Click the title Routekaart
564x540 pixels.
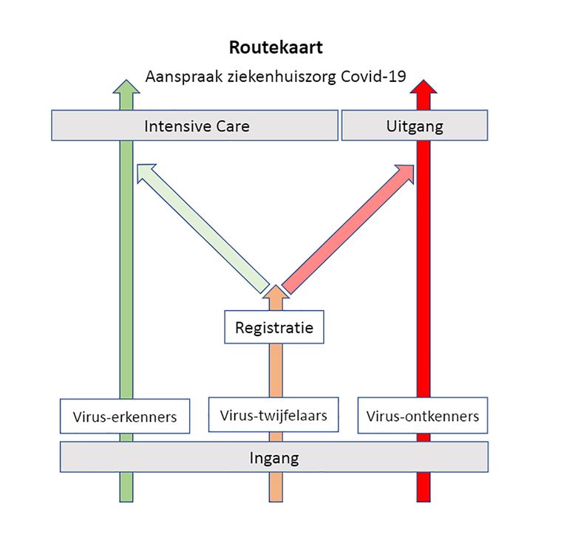(x=275, y=49)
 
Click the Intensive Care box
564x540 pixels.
(x=196, y=126)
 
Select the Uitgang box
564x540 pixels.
(x=414, y=126)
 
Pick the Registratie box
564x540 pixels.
(x=273, y=327)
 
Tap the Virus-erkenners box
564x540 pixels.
(x=124, y=417)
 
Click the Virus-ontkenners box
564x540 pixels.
(x=423, y=417)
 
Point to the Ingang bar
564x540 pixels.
(x=273, y=457)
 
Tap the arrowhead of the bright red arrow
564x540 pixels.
(x=423, y=89)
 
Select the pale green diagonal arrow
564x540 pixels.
(x=203, y=230)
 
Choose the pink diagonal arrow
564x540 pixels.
(x=347, y=230)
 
